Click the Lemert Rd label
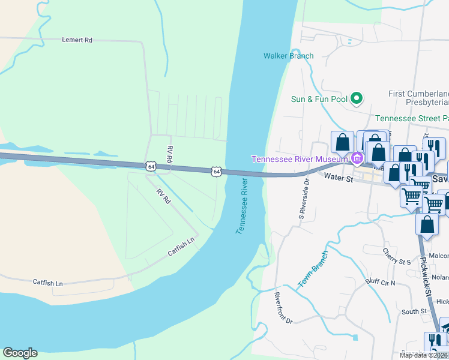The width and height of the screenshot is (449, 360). [x=77, y=40]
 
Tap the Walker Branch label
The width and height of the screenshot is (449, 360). [x=288, y=56]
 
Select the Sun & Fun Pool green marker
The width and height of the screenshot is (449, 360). [x=357, y=98]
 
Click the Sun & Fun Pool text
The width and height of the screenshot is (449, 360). [x=319, y=99]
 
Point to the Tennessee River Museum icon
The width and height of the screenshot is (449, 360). [x=357, y=158]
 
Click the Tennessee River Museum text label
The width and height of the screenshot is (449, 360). [x=300, y=159]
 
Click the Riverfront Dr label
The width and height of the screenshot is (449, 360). [x=283, y=308]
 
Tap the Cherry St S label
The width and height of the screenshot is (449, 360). [x=396, y=256]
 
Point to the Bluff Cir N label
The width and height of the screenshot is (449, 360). [x=381, y=282]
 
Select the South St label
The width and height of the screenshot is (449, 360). [x=414, y=311]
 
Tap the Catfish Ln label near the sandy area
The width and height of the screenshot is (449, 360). [x=47, y=282]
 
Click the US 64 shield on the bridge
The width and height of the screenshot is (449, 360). [x=216, y=172]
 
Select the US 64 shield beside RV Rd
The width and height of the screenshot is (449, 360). [x=149, y=165]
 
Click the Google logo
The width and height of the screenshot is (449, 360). [x=20, y=353]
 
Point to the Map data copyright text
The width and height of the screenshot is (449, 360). [x=423, y=355]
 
